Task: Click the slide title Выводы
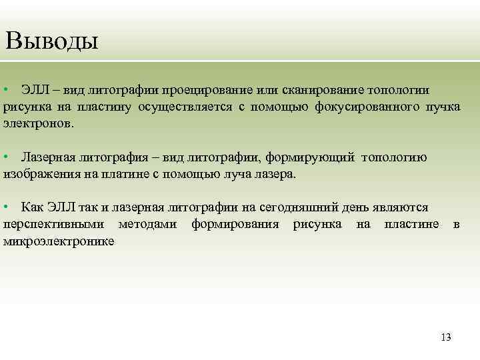coord(51,41)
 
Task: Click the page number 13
coord(446,337)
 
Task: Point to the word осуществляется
coord(187,107)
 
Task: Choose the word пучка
coord(443,107)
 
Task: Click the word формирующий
coord(311,157)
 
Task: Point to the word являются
coord(400,207)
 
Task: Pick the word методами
coord(147,224)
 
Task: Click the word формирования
coord(235,224)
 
